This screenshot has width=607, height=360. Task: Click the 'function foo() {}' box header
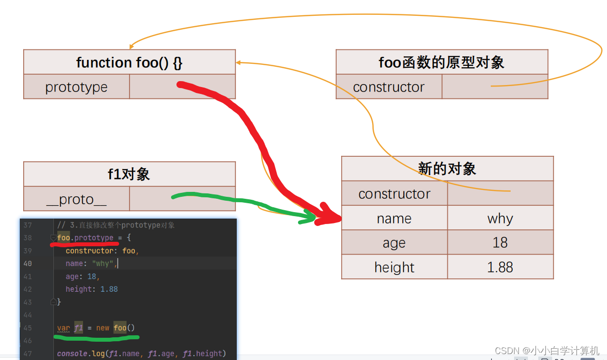tap(129, 62)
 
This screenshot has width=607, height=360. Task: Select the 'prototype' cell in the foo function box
tap(76, 87)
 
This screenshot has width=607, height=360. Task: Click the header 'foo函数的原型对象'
tap(441, 62)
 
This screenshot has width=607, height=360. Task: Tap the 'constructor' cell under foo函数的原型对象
tap(389, 87)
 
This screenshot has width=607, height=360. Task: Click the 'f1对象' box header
tap(129, 174)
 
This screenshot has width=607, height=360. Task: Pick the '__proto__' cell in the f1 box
tap(76, 199)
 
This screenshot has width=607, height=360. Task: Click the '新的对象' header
tap(447, 169)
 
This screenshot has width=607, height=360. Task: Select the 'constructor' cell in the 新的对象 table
tap(394, 194)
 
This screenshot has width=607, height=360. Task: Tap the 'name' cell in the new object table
tap(394, 219)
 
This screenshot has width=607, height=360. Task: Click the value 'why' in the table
tap(500, 219)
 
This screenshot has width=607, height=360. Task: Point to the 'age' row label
tap(394, 243)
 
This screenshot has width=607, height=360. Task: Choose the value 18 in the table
tap(500, 242)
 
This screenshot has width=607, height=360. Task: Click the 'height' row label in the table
tap(394, 267)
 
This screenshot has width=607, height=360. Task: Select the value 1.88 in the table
tap(500, 267)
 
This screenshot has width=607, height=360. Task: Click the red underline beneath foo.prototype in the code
tap(84, 244)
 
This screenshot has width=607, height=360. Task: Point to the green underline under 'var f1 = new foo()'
tap(96, 339)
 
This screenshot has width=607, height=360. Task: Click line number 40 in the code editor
tap(27, 264)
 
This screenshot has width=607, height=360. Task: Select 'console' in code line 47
tap(72, 353)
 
